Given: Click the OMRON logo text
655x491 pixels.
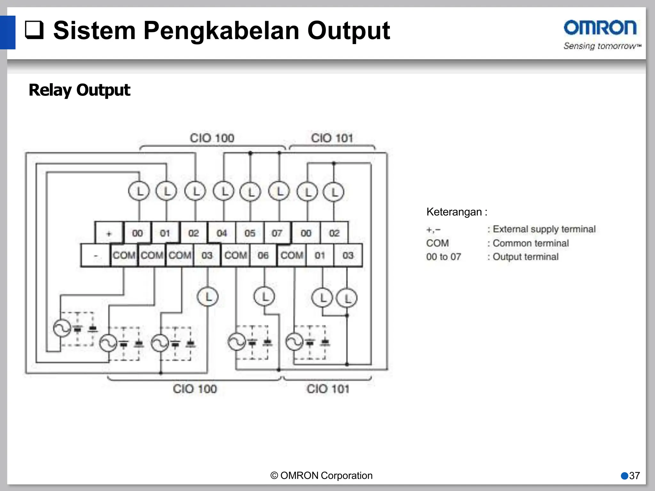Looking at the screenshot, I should click(x=600, y=28).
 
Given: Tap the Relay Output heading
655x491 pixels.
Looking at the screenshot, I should click(x=79, y=90).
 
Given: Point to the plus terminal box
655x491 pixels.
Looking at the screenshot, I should click(x=109, y=233).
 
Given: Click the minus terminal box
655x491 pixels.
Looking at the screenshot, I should click(x=95, y=255).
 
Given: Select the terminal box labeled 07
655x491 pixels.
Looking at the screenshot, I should click(x=277, y=233).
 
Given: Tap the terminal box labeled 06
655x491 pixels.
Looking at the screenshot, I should click(x=263, y=255).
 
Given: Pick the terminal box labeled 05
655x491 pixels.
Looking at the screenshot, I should click(x=250, y=233).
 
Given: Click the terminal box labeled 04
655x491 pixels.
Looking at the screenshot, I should click(x=222, y=233).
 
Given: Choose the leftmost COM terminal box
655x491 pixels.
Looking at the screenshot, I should click(x=124, y=255).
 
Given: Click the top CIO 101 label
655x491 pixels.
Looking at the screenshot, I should click(x=332, y=138).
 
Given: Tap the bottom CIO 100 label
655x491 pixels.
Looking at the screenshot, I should click(x=195, y=389).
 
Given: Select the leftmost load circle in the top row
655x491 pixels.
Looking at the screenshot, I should click(x=139, y=191).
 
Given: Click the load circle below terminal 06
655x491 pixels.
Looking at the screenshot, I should click(x=264, y=297).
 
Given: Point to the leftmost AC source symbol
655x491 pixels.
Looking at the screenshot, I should click(x=62, y=328).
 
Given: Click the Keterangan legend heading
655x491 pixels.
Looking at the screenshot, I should click(x=457, y=212).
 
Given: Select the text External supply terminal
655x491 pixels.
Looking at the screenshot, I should click(x=544, y=229).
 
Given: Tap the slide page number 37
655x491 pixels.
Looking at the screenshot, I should click(x=634, y=476).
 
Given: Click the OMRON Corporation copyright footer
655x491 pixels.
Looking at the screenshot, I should click(x=321, y=476).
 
